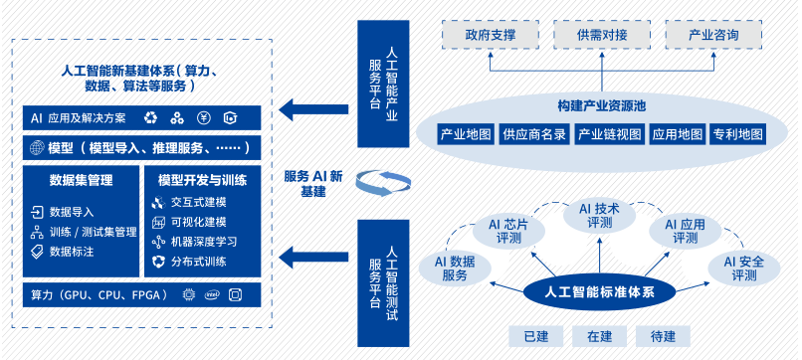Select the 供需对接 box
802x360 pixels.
pos(602,35)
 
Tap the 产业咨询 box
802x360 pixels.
pos(713,35)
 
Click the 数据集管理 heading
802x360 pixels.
pos(80,180)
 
